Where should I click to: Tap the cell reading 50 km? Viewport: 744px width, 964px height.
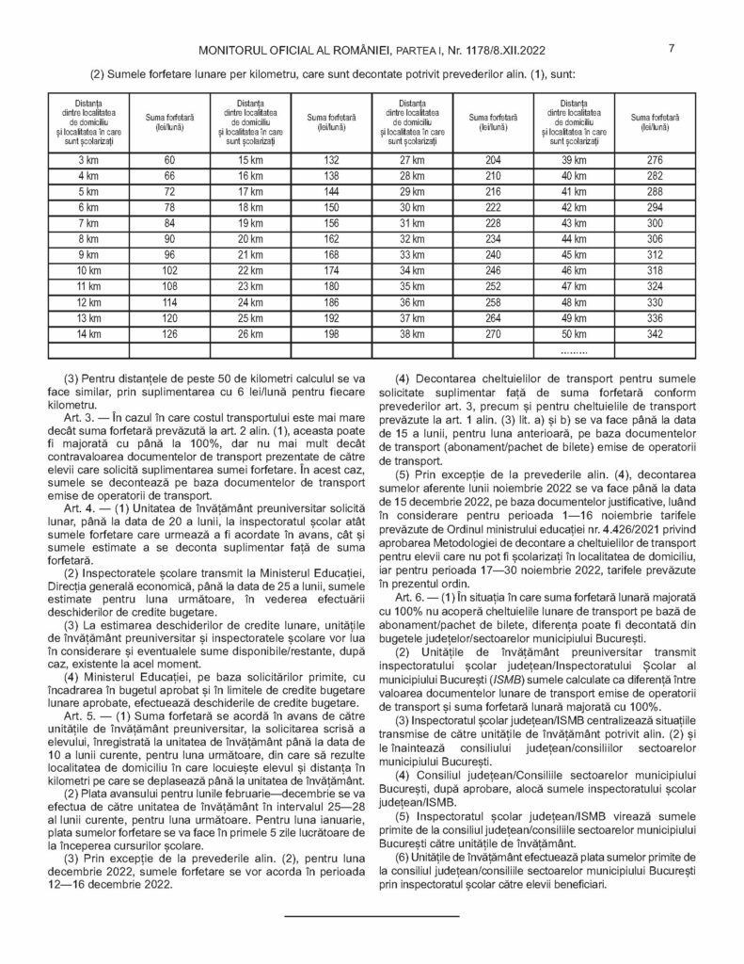(x=573, y=333)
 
